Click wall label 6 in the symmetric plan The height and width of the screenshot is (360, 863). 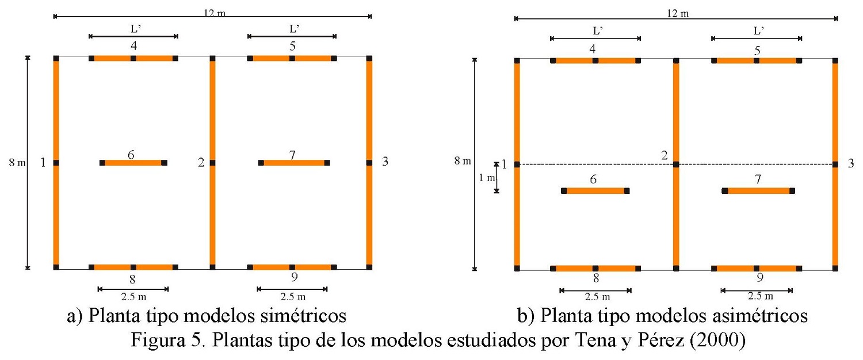click(x=131, y=155)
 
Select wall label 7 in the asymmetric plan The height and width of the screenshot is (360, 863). click(x=757, y=181)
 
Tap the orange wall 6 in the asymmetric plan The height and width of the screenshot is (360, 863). click(x=595, y=190)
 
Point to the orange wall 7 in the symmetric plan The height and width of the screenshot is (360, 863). click(x=294, y=163)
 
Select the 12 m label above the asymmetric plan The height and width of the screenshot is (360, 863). click(x=677, y=13)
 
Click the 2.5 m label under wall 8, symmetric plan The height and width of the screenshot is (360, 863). click(x=133, y=297)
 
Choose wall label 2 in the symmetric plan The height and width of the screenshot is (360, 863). click(x=201, y=163)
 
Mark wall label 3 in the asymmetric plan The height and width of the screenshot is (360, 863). click(x=851, y=164)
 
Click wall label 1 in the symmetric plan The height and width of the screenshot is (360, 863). click(x=43, y=163)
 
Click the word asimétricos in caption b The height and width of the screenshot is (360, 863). click(x=758, y=316)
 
